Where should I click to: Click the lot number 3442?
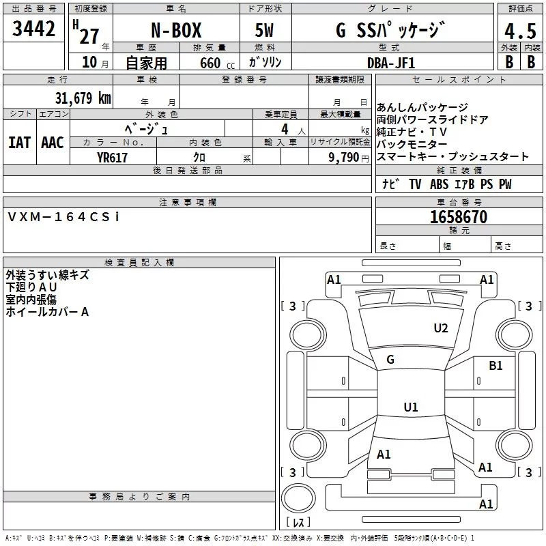[x=34, y=29]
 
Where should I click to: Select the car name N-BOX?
[x=176, y=29]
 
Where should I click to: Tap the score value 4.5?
[x=519, y=31]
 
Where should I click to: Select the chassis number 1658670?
[x=459, y=217]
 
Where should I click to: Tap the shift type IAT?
[x=19, y=142]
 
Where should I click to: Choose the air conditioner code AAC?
[x=52, y=142]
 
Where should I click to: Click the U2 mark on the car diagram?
[x=441, y=328]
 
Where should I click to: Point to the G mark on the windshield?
[x=390, y=360]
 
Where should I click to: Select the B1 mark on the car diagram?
[x=495, y=366]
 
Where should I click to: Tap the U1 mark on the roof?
[x=410, y=407]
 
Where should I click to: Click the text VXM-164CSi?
[x=63, y=216]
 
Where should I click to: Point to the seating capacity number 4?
[x=284, y=128]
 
